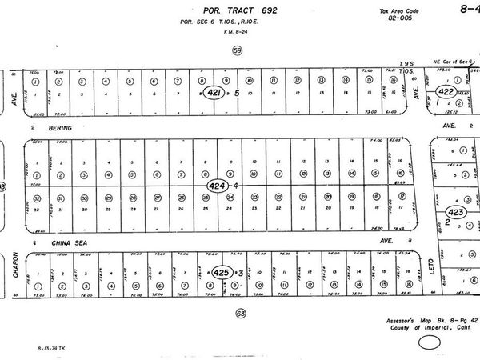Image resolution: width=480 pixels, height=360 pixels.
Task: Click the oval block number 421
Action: point(214,93)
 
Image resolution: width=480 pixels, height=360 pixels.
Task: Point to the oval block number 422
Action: point(446,93)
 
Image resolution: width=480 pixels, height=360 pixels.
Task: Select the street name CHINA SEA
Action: point(67,240)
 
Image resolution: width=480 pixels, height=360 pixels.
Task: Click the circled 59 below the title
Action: point(236,50)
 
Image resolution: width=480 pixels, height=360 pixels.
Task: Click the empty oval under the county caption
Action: point(430,344)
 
